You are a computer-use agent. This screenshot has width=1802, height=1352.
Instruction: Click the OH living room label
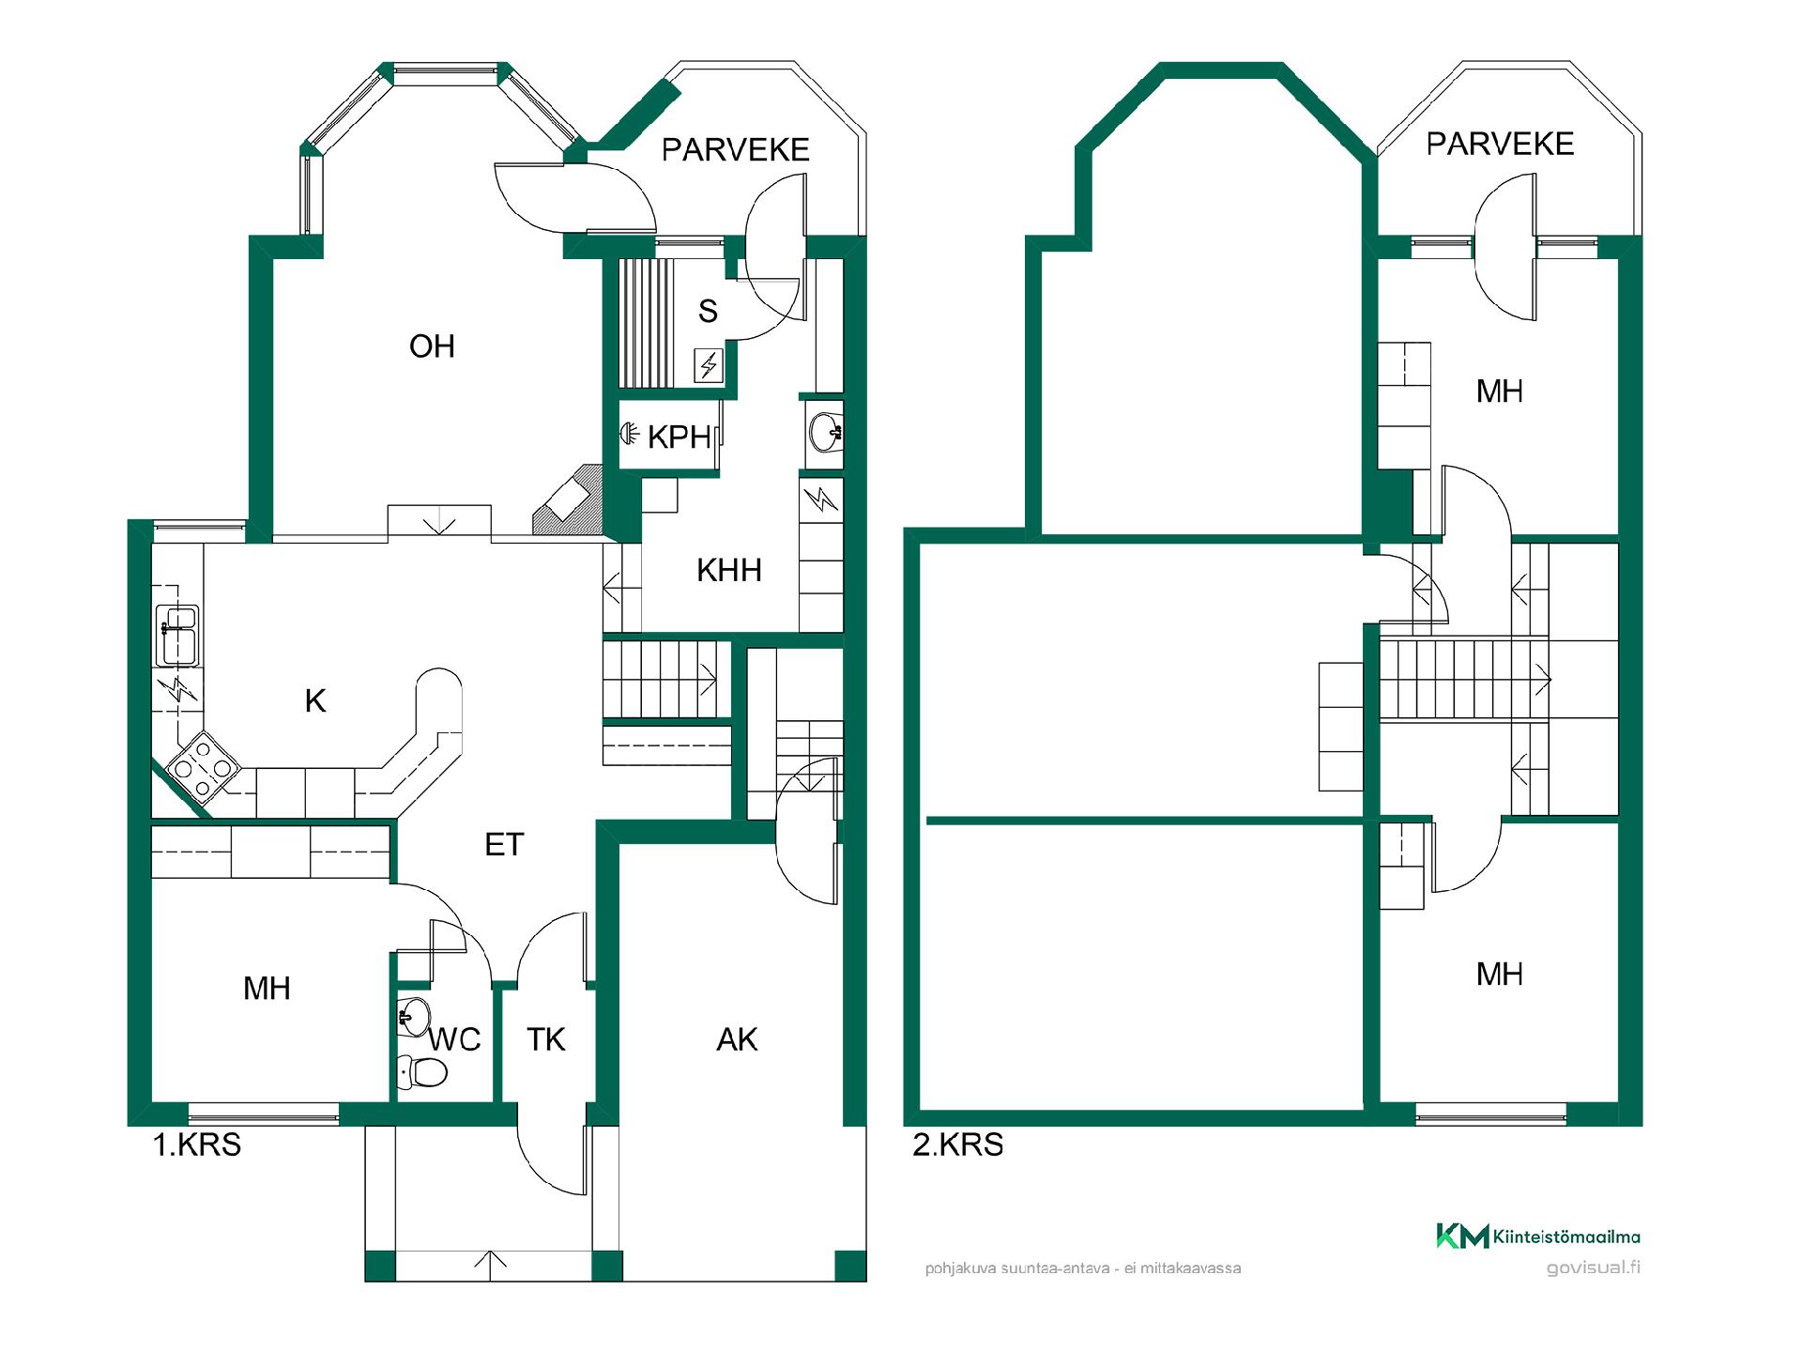click(x=432, y=346)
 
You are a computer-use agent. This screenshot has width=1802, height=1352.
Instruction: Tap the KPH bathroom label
click(x=680, y=437)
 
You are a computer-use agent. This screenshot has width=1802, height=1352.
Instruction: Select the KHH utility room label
click(x=729, y=570)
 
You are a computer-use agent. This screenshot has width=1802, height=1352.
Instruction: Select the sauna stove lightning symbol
click(x=709, y=365)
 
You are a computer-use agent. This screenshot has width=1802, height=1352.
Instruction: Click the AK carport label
click(x=737, y=1039)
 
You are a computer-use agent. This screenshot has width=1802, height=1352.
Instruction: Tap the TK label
click(x=546, y=1039)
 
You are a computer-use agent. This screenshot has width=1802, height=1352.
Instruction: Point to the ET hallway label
click(x=504, y=845)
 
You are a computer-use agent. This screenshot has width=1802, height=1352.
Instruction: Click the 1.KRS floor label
click(x=197, y=1145)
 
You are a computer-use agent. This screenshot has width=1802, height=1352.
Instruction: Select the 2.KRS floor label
click(x=958, y=1145)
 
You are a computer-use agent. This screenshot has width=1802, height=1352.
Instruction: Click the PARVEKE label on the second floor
click(x=1500, y=144)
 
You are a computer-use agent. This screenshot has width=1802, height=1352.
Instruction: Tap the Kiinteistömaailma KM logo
click(x=1462, y=1237)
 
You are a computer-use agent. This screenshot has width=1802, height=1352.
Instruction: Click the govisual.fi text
click(x=1594, y=1267)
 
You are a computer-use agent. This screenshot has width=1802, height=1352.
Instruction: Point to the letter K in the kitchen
click(x=315, y=700)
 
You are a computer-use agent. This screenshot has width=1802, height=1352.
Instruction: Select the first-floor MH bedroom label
click(x=267, y=988)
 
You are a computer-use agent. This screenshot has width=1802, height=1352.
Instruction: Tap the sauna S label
click(x=708, y=311)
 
